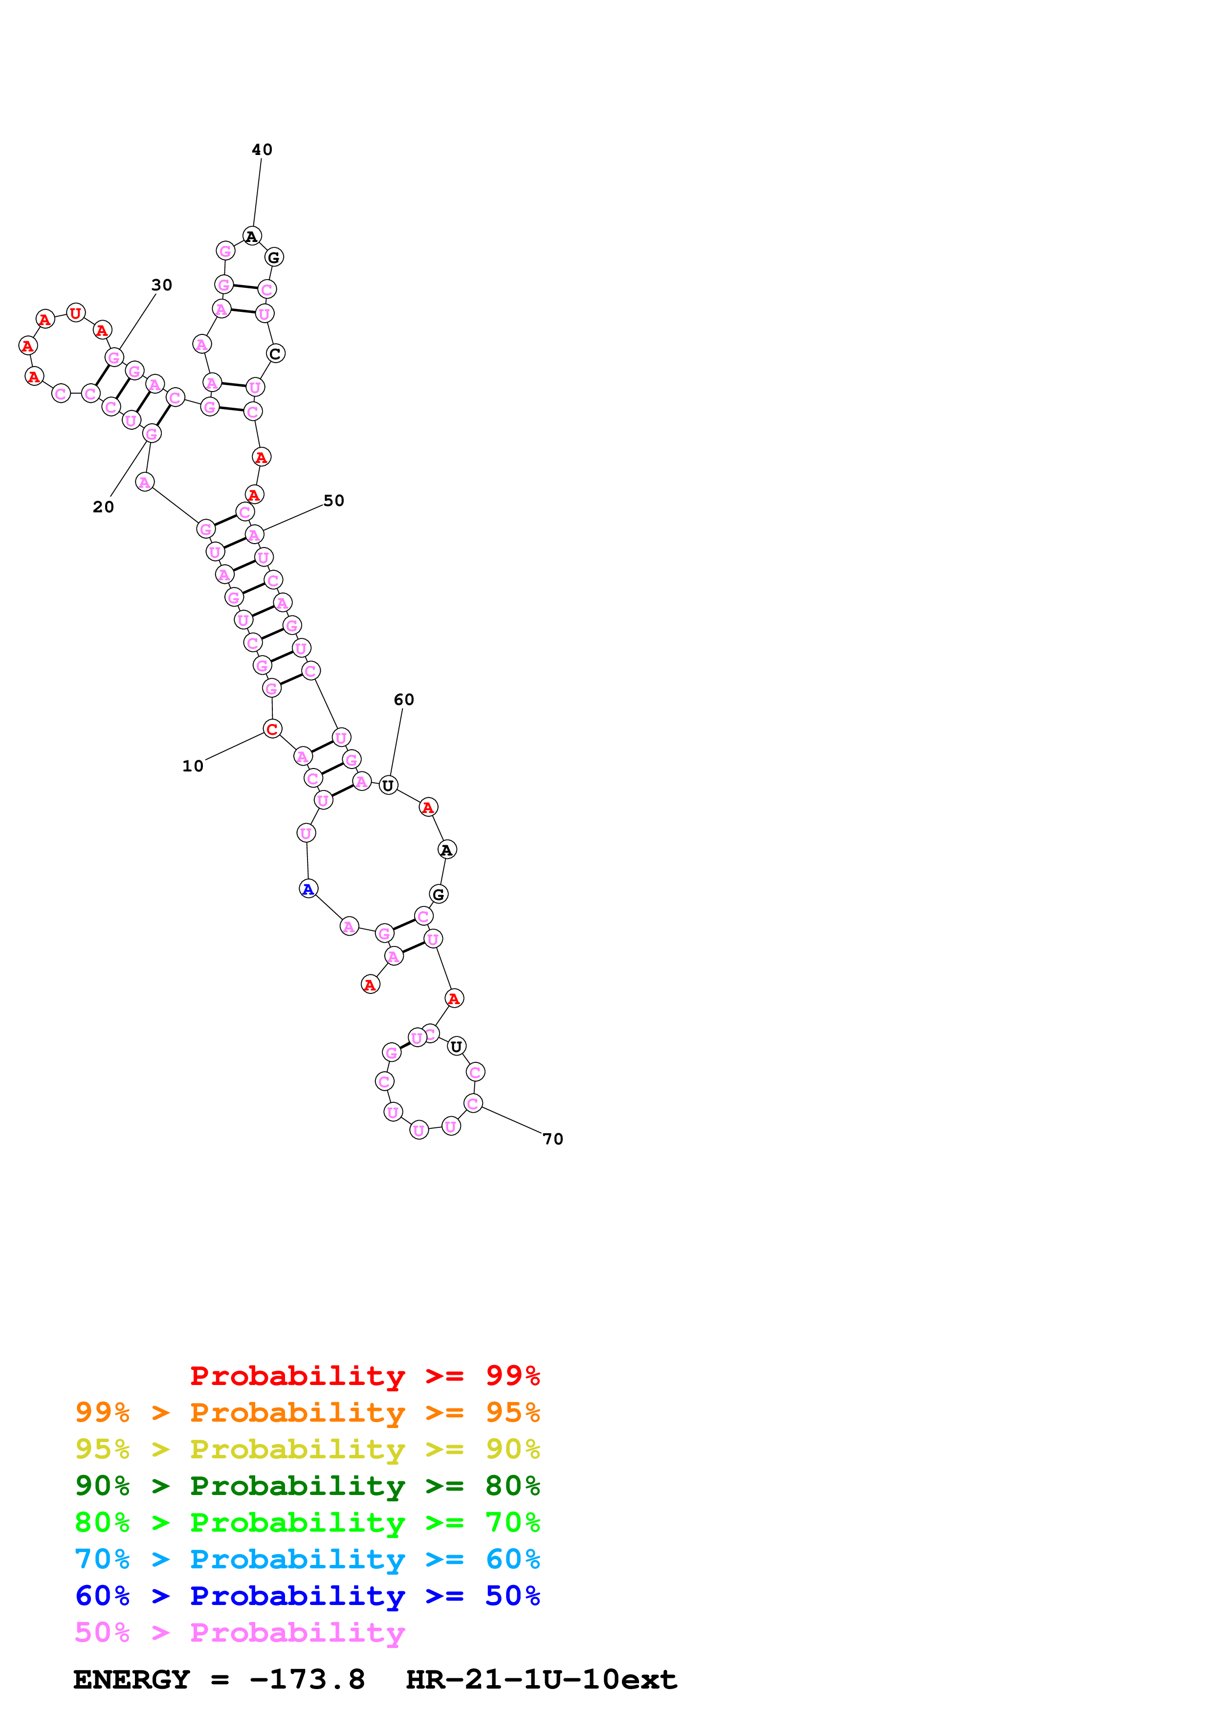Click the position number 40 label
coord(262,150)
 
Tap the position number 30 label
coord(161,285)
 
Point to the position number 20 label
coord(103,506)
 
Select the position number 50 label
coord(333,501)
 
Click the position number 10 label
coord(193,766)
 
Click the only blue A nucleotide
coord(308,889)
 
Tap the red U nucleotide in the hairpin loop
coord(75,313)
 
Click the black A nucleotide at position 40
coord(252,237)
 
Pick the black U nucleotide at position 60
coord(388,785)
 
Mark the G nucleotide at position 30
coord(113,358)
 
